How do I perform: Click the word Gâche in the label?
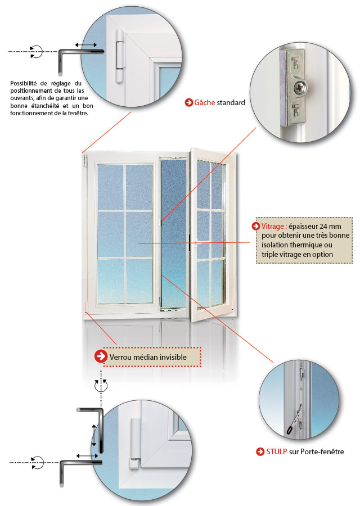(205, 103)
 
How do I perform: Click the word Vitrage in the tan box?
(273, 226)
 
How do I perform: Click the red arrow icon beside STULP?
(260, 451)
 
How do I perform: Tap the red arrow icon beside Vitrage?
(256, 226)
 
